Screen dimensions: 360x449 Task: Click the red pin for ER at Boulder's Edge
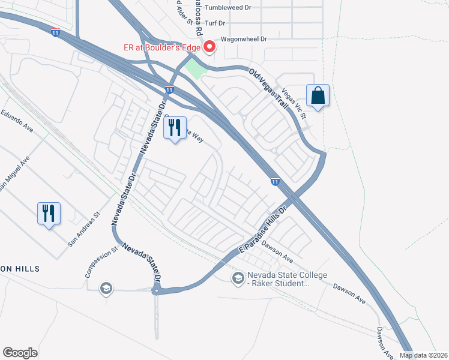(x=209, y=46)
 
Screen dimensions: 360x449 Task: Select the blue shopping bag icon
(x=318, y=95)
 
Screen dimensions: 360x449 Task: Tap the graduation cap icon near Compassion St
(x=107, y=289)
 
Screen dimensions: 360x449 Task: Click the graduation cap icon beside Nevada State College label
(x=238, y=278)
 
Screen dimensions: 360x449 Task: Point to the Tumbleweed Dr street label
(x=229, y=8)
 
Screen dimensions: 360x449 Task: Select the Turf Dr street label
(x=214, y=23)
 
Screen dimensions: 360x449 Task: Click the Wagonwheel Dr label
(x=243, y=38)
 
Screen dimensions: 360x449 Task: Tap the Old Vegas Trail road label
(x=269, y=88)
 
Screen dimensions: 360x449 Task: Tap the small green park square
(x=194, y=69)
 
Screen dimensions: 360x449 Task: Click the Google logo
(x=20, y=353)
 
